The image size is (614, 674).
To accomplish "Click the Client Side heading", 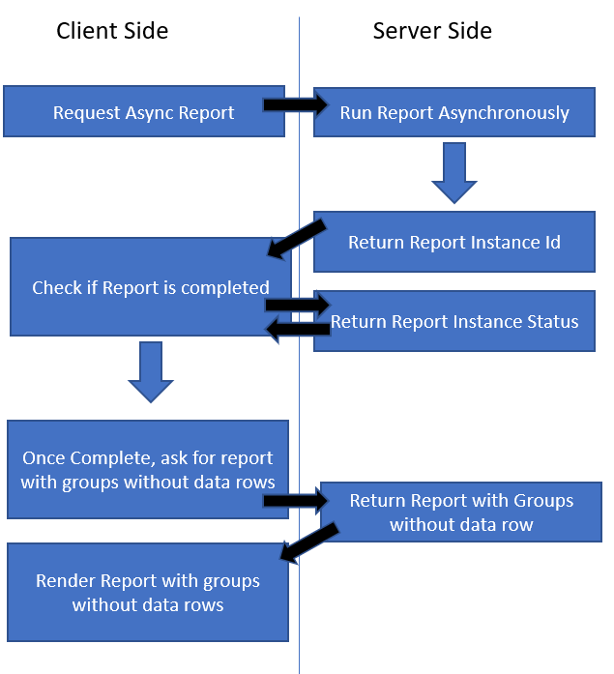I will click(x=112, y=31).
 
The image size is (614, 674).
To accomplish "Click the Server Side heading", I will click(x=432, y=31).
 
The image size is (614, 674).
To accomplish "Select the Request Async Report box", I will click(x=143, y=112).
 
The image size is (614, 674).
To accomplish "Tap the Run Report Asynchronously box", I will click(x=454, y=112).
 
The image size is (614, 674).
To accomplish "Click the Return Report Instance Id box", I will click(x=454, y=242).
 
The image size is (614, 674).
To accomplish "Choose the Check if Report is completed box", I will click(x=145, y=287).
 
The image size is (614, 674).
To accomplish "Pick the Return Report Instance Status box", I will click(x=454, y=321).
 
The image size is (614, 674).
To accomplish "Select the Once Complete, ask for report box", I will click(x=147, y=470).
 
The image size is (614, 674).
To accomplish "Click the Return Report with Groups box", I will click(x=461, y=513).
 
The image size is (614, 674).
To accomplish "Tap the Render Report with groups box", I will click(x=148, y=592).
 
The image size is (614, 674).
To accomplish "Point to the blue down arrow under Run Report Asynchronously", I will click(x=454, y=173).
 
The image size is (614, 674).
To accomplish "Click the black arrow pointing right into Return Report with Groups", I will click(x=296, y=500).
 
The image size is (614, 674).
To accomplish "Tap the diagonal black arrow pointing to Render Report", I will click(x=308, y=542).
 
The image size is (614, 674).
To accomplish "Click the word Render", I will click(x=65, y=581).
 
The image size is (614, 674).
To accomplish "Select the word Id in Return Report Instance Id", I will click(x=551, y=242).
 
